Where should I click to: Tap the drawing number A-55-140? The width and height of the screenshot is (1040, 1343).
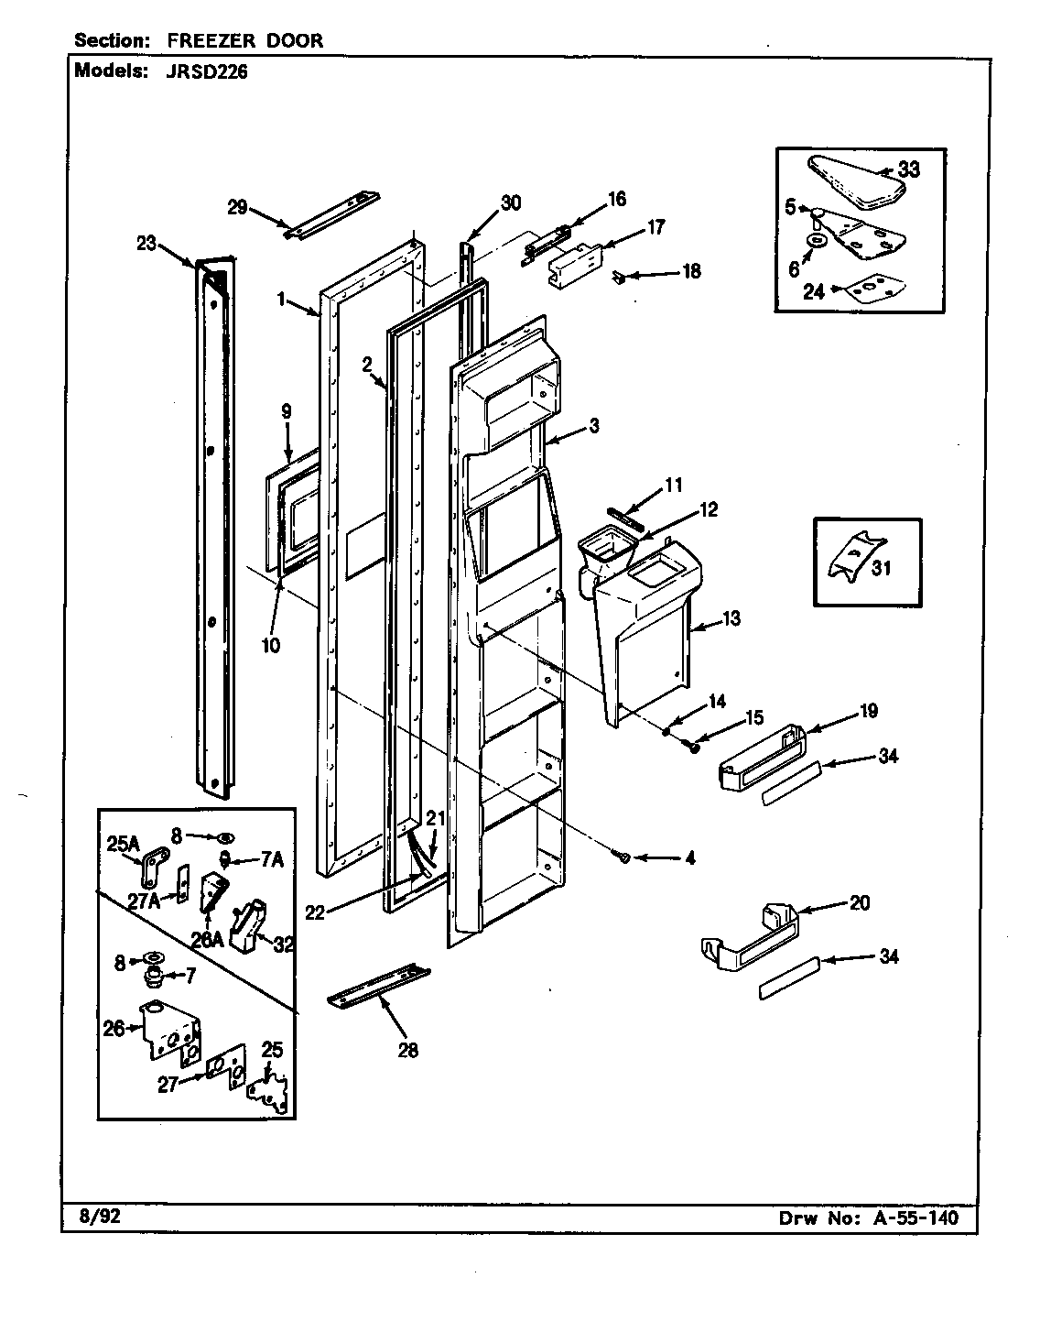pos(910,1217)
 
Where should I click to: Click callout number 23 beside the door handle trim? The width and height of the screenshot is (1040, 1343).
pos(147,244)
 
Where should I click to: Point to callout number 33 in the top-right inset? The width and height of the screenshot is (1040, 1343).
pos(908,169)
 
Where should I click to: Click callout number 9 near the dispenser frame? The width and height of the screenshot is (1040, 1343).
pos(287,411)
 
